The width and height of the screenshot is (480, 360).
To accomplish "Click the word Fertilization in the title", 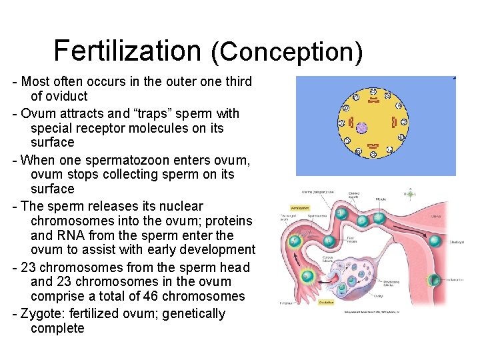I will (x=127, y=50).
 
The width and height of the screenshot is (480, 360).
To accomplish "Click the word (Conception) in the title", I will (x=286, y=52).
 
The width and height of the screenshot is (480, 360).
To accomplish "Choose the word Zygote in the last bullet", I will (x=43, y=313).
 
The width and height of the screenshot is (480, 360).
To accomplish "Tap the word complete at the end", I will (x=57, y=328).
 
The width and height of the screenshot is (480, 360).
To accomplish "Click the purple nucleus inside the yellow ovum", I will (x=361, y=127).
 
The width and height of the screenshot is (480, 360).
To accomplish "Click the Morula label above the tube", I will (x=381, y=199).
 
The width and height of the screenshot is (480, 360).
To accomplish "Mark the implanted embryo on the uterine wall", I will (x=435, y=281).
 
